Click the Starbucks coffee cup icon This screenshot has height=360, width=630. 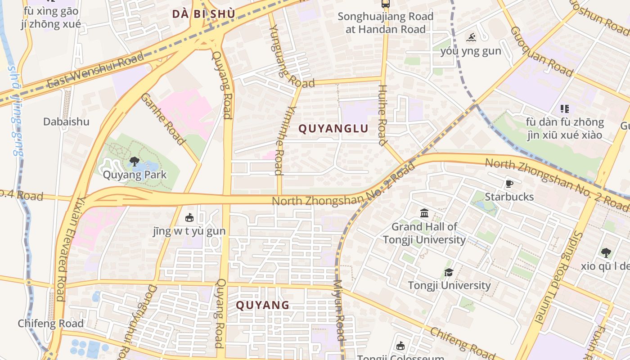[x=509, y=184]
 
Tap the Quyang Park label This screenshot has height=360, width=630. [x=135, y=175]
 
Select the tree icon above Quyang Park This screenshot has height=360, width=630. [x=134, y=162]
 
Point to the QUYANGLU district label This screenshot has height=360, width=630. [x=333, y=129]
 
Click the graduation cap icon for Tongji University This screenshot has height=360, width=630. [x=449, y=272]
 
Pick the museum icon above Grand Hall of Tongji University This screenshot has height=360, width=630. [x=424, y=213]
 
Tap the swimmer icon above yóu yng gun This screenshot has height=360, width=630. [x=471, y=37]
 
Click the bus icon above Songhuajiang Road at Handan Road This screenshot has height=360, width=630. [x=386, y=4]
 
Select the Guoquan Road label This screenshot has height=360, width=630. [x=542, y=51]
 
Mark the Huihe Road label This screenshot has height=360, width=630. [x=382, y=115]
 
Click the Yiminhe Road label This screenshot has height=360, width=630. [x=279, y=140]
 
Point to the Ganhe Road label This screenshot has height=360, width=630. [x=163, y=119]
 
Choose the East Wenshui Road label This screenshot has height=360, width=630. [x=95, y=70]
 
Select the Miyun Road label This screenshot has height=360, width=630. [x=339, y=310]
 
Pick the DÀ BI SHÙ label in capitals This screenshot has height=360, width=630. [x=203, y=14]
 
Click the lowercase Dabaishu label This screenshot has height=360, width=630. [x=66, y=121]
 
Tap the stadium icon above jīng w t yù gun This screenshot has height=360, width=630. [x=189, y=218]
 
